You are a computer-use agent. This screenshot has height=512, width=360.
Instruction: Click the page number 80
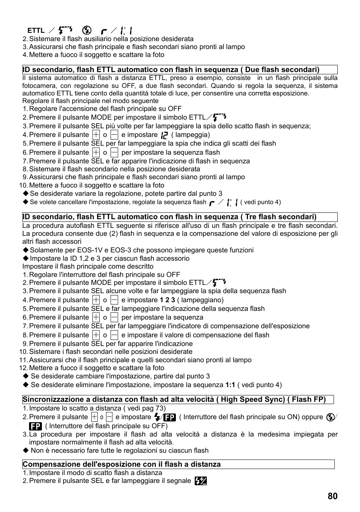tap(332, 496)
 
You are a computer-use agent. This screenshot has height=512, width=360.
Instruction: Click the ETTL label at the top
tap(36, 31)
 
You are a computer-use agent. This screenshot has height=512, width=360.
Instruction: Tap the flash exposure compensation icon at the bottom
tap(201, 481)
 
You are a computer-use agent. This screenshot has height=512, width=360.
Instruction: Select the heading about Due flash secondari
tap(171, 69)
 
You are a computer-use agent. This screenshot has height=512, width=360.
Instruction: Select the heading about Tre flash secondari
tap(169, 217)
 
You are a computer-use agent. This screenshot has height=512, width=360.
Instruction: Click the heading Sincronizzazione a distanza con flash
tap(174, 399)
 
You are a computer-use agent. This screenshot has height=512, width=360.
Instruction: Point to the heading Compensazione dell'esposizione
tap(122, 464)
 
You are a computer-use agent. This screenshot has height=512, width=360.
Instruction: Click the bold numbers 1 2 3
tap(167, 300)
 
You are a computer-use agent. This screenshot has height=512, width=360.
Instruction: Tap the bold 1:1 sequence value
tap(230, 385)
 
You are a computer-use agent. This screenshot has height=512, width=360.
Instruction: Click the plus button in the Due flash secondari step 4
tap(96, 135)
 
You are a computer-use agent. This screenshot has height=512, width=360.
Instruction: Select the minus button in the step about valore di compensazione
tap(114, 335)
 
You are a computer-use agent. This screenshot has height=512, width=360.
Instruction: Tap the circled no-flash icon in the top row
tap(87, 30)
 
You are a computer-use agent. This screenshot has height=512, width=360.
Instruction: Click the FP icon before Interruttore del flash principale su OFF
tap(35, 426)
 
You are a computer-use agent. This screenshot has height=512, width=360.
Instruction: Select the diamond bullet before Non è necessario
tap(25, 450)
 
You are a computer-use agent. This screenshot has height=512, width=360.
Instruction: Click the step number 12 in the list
tap(23, 368)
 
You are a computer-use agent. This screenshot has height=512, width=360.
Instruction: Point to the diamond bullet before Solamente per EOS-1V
tap(25, 250)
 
